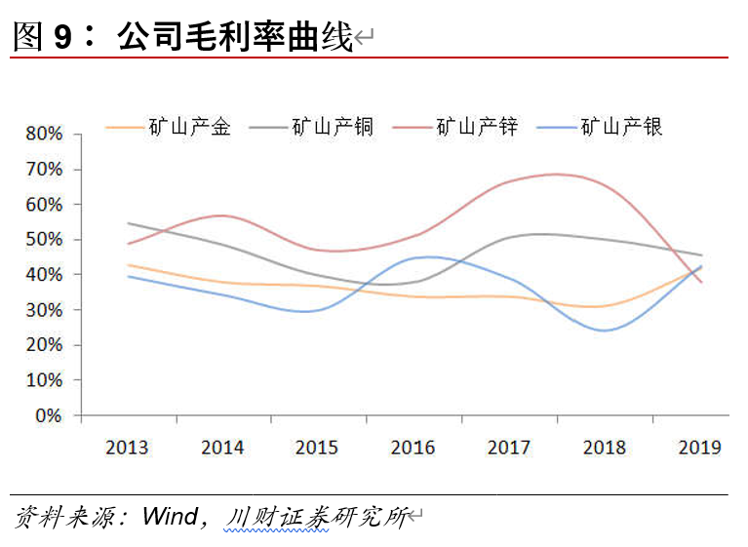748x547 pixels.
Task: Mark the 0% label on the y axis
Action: [48, 415]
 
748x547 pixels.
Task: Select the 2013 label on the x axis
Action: [127, 448]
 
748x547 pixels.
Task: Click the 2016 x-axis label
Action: [413, 448]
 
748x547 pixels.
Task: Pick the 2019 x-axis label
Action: [698, 448]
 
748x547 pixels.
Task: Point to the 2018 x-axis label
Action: [604, 448]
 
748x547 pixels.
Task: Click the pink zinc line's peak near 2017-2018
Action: [556, 175]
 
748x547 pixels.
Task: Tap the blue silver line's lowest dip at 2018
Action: [605, 330]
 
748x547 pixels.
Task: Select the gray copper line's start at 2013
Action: [129, 223]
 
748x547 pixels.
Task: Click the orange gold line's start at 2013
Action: [129, 265]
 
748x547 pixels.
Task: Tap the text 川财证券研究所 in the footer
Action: [314, 516]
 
